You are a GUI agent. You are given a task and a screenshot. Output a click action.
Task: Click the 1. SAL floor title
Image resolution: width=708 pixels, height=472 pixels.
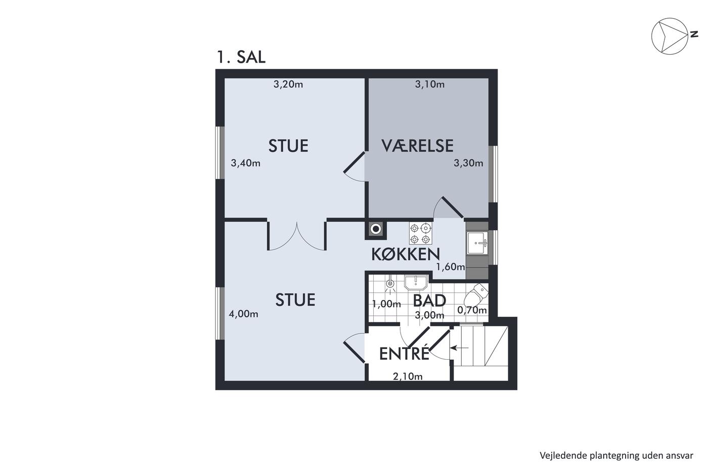[241, 57]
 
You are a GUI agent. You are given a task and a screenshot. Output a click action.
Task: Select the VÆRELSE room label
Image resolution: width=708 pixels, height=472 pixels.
[417, 146]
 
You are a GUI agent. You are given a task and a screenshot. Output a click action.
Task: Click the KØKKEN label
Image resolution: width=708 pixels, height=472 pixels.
[406, 254]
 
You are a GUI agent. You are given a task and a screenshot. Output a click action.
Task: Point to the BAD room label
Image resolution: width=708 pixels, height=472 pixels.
[429, 301]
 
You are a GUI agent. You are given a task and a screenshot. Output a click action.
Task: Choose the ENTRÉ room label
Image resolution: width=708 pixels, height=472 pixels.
[404, 354]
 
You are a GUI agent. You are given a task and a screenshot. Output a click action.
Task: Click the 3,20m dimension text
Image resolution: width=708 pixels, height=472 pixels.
[288, 84]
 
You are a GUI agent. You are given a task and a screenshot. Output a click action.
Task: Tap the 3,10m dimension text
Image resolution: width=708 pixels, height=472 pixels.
[429, 84]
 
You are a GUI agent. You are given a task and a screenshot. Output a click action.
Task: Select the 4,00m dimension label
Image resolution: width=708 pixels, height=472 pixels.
[243, 314]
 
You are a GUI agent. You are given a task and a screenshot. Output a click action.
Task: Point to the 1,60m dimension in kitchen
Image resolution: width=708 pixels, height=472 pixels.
[451, 267]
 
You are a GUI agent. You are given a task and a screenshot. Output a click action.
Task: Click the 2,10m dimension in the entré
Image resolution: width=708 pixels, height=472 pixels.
[408, 376]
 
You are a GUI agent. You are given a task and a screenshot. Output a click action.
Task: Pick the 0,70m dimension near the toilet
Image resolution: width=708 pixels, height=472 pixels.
[472, 310]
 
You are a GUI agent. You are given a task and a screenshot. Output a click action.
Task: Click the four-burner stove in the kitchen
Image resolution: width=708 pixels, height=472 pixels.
[421, 233]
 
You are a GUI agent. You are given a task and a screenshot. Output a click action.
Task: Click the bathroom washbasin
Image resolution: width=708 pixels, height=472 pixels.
[416, 282]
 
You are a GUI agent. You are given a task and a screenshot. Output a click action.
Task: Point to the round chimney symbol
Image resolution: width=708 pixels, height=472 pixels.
[376, 229]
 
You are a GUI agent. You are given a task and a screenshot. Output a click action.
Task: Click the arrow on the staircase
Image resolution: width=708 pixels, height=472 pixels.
[459, 348]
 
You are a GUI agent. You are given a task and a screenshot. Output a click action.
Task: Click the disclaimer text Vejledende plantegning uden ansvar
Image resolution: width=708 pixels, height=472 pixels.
[616, 456]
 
